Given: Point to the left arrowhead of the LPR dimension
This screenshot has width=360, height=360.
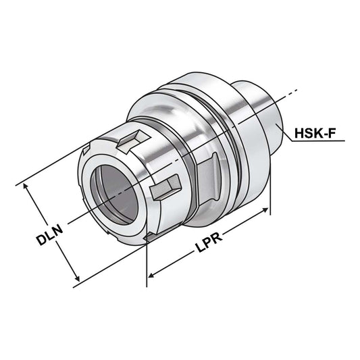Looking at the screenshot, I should pos(151,274).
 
